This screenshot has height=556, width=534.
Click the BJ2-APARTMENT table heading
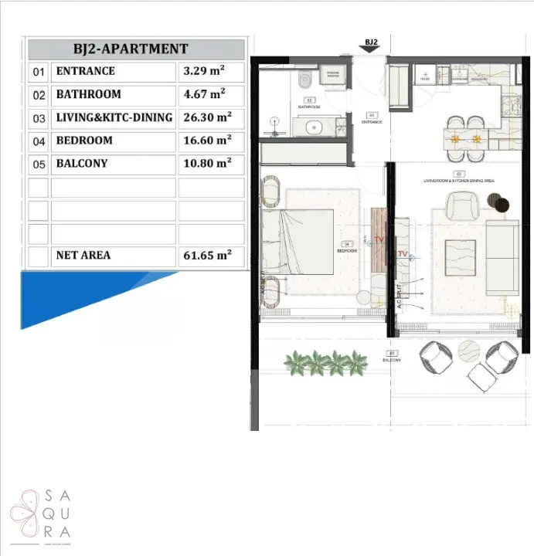click(136, 49)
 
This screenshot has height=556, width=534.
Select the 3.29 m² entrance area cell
click(203, 71)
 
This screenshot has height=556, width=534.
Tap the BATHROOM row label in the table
click(89, 94)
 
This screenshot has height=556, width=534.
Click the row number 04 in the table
click(38, 141)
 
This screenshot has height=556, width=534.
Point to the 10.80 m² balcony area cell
click(205, 164)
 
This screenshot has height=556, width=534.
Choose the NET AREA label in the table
click(83, 255)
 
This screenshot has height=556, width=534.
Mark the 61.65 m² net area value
click(205, 255)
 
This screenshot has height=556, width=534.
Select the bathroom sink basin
click(314, 127)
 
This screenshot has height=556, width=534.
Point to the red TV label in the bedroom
click(378, 239)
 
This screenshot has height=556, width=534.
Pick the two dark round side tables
click(498, 202)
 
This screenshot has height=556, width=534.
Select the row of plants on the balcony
click(326, 361)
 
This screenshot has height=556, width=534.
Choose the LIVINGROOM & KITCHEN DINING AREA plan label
click(459, 180)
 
